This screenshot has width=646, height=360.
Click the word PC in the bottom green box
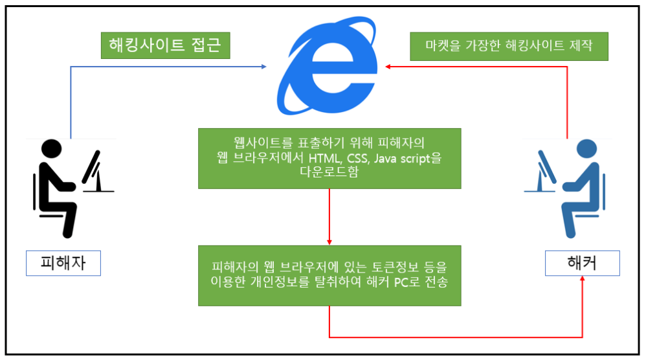401,283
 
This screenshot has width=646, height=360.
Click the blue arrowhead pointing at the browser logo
263,66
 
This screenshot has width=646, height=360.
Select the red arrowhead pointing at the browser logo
390,66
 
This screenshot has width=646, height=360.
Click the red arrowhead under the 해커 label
583,279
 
